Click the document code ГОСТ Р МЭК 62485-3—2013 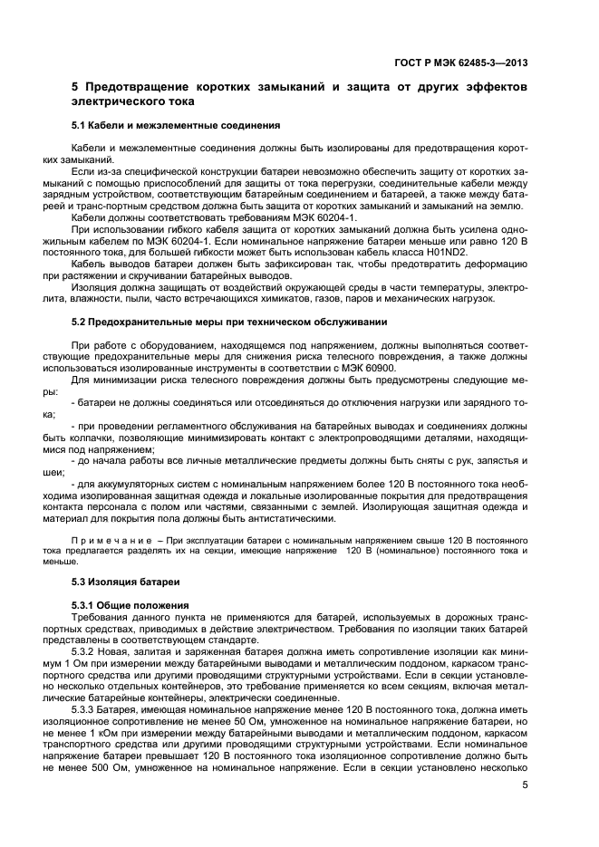[x=461, y=63]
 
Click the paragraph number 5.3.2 [x=85, y=651]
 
